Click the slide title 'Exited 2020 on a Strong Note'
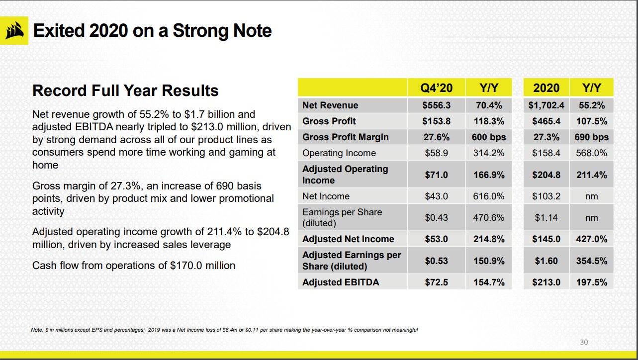tap(152, 31)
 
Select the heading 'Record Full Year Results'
tap(125, 90)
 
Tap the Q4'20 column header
tap(437, 88)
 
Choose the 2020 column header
tap(546, 88)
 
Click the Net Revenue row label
tap(330, 105)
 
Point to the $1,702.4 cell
tap(545, 105)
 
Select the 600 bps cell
tap(489, 137)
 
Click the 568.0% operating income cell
tap(591, 153)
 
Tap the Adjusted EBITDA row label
tap(341, 282)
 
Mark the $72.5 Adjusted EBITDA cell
tap(437, 282)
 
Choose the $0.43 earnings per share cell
tap(437, 217)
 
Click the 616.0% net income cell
tap(489, 196)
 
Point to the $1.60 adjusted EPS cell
tap(546, 261)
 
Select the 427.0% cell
tap(591, 239)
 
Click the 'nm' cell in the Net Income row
tap(591, 196)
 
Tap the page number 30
tap(584, 342)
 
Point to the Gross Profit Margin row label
tap(346, 137)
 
